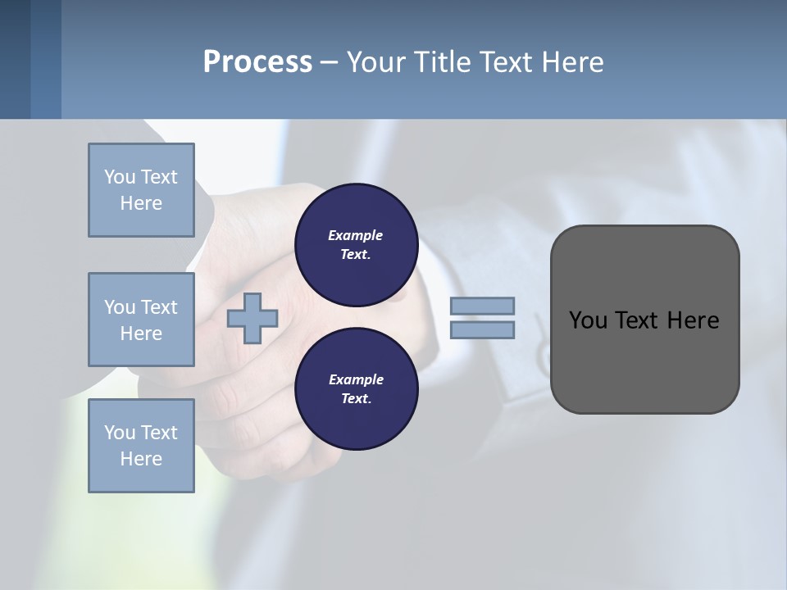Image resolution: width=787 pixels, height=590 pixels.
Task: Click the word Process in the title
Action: [x=257, y=62]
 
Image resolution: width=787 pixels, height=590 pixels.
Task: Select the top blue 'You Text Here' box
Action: [x=141, y=190]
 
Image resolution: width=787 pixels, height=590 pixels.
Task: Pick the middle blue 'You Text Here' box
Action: [x=141, y=320]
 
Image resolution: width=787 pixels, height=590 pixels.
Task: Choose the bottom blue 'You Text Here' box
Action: [x=141, y=446]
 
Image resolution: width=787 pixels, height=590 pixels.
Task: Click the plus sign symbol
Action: [x=252, y=319]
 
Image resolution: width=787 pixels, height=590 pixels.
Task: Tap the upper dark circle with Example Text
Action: [x=356, y=245]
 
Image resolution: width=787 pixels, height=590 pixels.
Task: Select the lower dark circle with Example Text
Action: [x=356, y=389]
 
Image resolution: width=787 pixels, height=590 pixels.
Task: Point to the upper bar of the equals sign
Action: [x=483, y=306]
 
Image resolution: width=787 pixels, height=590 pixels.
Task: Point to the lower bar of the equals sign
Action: [x=483, y=330]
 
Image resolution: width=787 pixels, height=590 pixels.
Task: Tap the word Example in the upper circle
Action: [x=355, y=235]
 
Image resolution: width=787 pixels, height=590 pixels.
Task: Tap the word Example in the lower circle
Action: [x=356, y=379]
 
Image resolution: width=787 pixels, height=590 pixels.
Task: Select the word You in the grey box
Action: [x=588, y=320]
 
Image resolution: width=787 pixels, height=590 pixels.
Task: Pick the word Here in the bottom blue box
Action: [x=141, y=459]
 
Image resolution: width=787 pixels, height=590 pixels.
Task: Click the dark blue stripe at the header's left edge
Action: [x=15, y=59]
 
